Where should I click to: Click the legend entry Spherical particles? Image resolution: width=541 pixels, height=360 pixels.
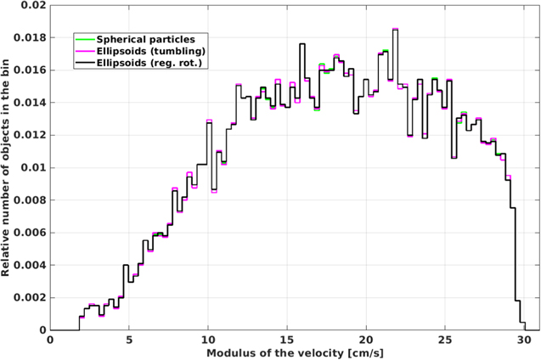point(146,39)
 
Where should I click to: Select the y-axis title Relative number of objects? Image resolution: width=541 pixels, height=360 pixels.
point(7,166)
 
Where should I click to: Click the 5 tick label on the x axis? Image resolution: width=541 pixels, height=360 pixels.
point(129,340)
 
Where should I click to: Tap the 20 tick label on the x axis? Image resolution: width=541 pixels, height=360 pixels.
point(366,340)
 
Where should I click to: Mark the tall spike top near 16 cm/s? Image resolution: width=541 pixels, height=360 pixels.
point(301,44)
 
